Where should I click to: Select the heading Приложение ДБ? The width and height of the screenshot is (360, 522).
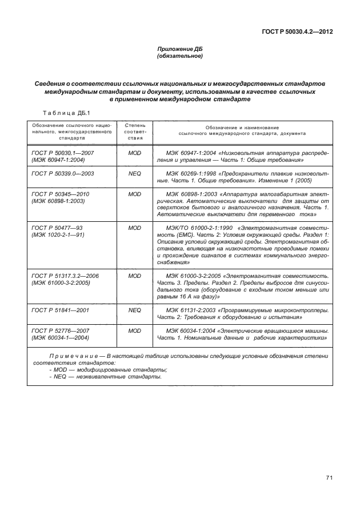180,49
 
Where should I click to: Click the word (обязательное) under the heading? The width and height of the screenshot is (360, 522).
180,57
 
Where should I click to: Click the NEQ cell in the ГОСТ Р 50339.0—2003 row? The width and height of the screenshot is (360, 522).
135,172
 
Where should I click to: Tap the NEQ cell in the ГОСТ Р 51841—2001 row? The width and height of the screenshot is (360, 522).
135,311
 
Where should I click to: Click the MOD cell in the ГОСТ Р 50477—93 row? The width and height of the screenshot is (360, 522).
135,228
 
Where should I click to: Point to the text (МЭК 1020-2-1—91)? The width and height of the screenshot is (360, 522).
57,235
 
